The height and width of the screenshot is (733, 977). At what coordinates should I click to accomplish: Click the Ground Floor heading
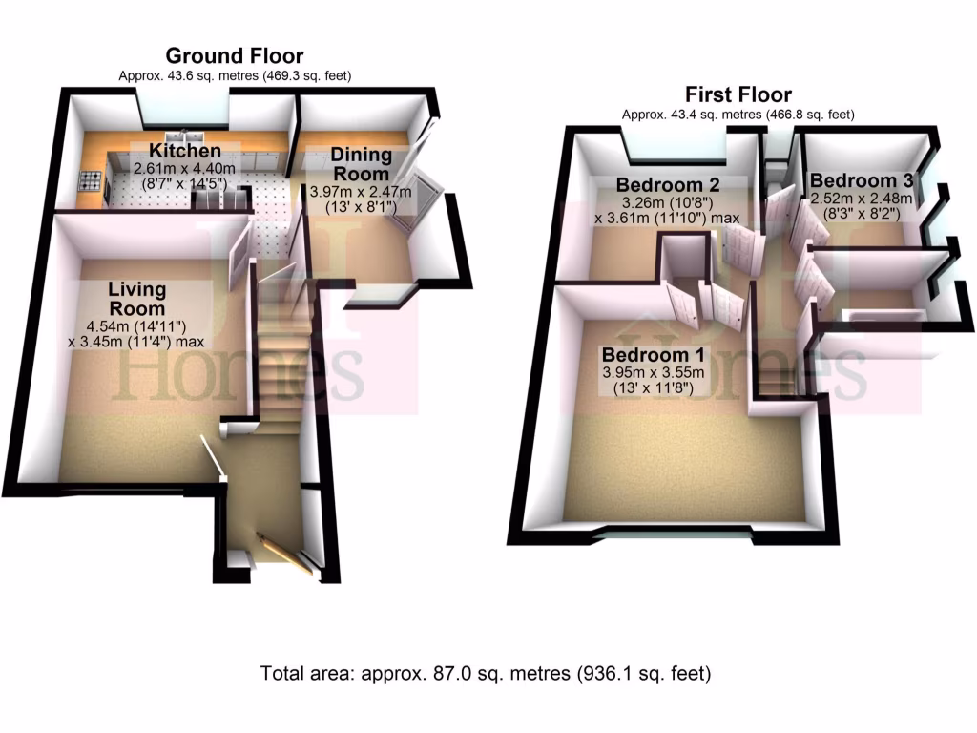pos(235,55)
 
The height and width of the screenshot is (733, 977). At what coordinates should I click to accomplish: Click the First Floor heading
pos(738,94)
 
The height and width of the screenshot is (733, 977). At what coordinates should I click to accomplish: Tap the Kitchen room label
pos(184,151)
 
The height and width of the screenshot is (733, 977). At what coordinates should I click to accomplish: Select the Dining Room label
pos(362,164)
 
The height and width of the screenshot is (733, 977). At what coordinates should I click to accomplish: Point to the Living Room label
pos(136,298)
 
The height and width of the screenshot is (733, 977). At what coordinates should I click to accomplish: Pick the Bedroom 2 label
pos(667,183)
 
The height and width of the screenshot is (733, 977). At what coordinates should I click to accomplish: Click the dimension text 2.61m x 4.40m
pos(184,168)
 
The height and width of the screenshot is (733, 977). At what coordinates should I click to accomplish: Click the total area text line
pos(487,673)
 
